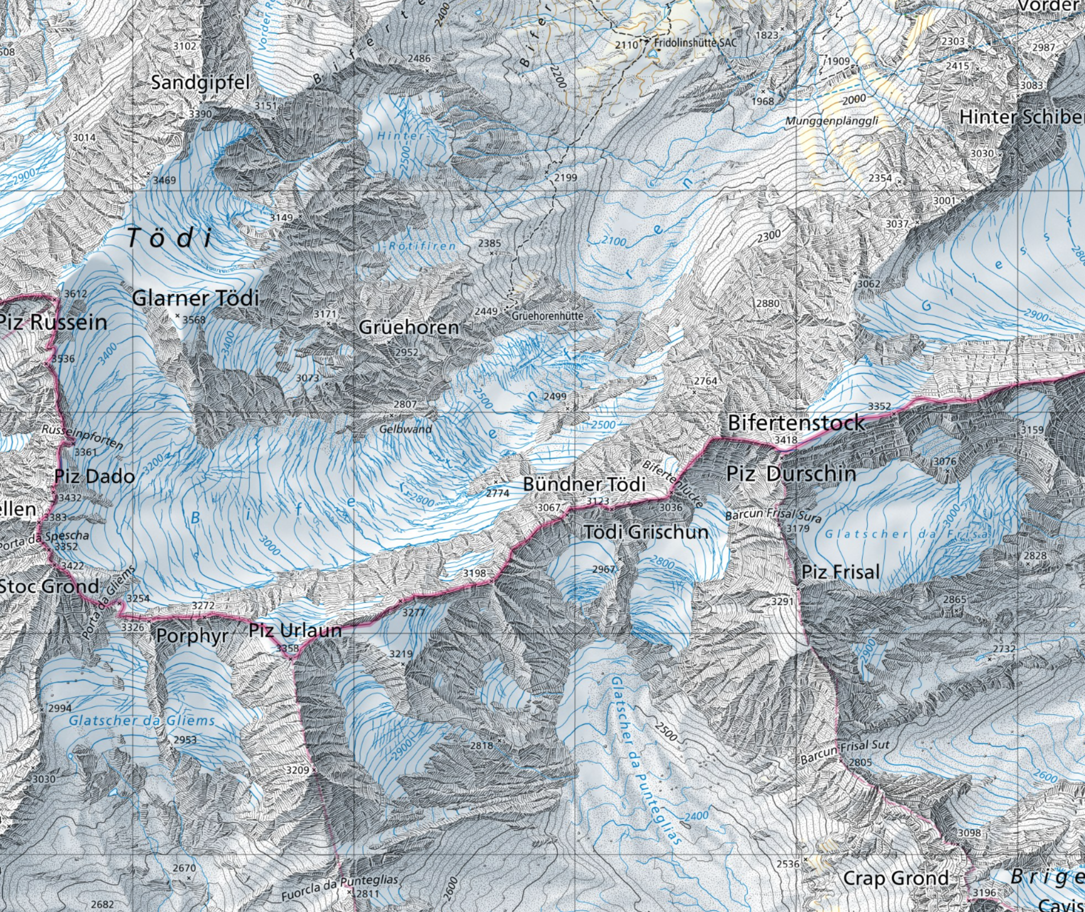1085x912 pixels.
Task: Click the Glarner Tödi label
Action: pos(195,298)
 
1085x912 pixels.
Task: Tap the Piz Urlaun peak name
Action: pos(295,631)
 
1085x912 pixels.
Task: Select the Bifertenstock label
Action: pos(796,423)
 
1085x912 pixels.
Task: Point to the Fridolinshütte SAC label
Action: pos(695,43)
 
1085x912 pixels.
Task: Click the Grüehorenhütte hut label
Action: pos(547,316)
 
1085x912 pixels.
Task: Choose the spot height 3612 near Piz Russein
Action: pos(75,294)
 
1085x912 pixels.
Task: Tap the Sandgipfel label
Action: pos(200,83)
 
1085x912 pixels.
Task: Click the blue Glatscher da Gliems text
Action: pos(142,721)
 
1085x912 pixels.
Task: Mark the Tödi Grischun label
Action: pos(646,532)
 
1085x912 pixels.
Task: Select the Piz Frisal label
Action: pos(841,572)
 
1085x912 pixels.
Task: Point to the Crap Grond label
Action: pos(896,878)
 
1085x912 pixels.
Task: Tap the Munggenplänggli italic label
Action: pos(832,121)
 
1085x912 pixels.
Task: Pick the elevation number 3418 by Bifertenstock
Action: pos(785,440)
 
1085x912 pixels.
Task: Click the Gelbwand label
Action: pos(406,429)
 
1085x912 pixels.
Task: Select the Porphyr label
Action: pos(192,636)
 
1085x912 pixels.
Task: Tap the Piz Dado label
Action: pos(95,476)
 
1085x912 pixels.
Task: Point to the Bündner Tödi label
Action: pos(584,485)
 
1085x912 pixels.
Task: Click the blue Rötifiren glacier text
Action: pos(422,246)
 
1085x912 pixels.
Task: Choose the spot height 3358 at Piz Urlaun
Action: pos(287,648)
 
